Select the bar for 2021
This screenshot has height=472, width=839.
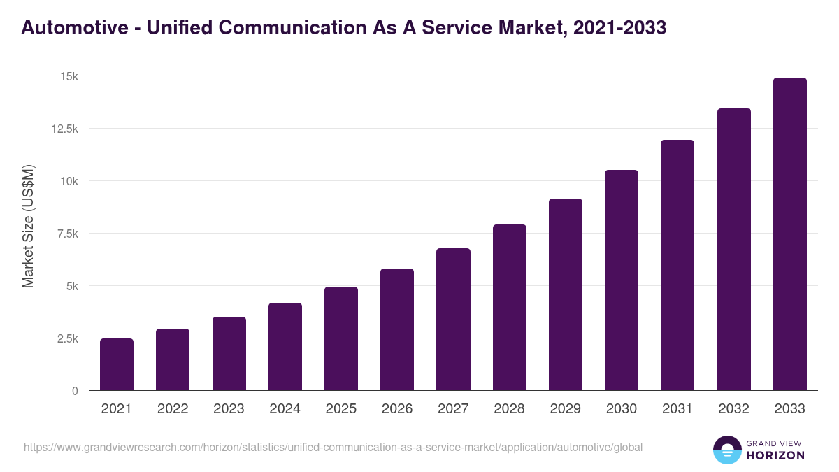[117, 364]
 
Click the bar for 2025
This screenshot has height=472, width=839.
[341, 338]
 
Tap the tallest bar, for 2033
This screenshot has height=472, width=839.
[789, 234]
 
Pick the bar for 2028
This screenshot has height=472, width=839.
[510, 307]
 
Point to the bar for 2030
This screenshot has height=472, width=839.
[622, 280]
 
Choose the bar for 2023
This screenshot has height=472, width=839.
[229, 353]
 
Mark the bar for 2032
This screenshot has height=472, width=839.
[733, 249]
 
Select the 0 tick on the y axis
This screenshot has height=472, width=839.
[74, 391]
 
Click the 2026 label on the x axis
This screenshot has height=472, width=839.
[397, 409]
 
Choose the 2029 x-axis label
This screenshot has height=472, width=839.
[565, 409]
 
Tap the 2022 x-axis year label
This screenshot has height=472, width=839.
[173, 409]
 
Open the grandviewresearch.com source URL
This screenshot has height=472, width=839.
[333, 447]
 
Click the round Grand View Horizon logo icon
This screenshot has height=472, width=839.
[726, 450]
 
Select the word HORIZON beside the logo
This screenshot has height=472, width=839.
[776, 455]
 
